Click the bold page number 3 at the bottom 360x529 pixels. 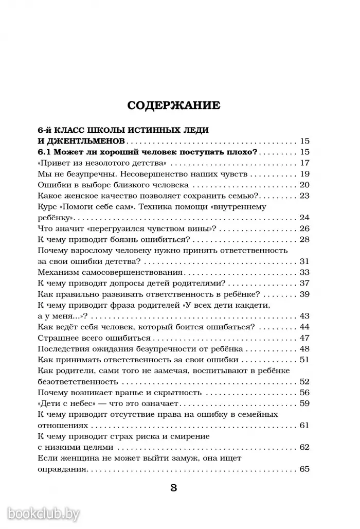tap(173, 488)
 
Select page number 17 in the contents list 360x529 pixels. tap(303, 163)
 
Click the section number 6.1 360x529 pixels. tap(46, 152)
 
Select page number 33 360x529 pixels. tap(303, 272)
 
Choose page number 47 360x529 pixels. tap(303, 338)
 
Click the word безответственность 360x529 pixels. tap(78, 381)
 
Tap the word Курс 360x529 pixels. tap(47, 207)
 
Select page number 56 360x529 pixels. tap(303, 392)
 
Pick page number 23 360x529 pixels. tap(303, 196)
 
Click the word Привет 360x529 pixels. tap(57, 163)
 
